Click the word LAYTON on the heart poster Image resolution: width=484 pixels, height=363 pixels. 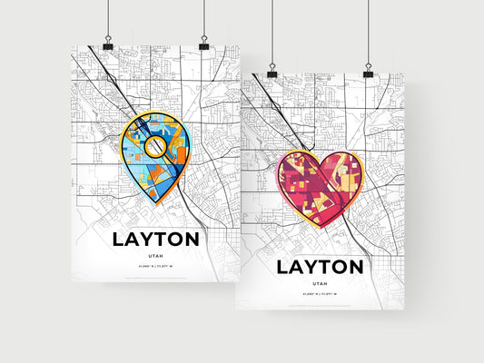point(320,267)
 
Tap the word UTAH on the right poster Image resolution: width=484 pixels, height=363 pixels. point(320,285)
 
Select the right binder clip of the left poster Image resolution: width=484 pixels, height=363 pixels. point(203,44)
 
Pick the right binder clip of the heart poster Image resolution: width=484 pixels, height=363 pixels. point(369,71)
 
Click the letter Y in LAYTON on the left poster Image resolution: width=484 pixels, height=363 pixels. point(146,240)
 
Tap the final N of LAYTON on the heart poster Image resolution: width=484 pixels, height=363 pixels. point(358,267)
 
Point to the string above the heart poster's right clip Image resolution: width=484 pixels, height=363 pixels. point(369,32)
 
